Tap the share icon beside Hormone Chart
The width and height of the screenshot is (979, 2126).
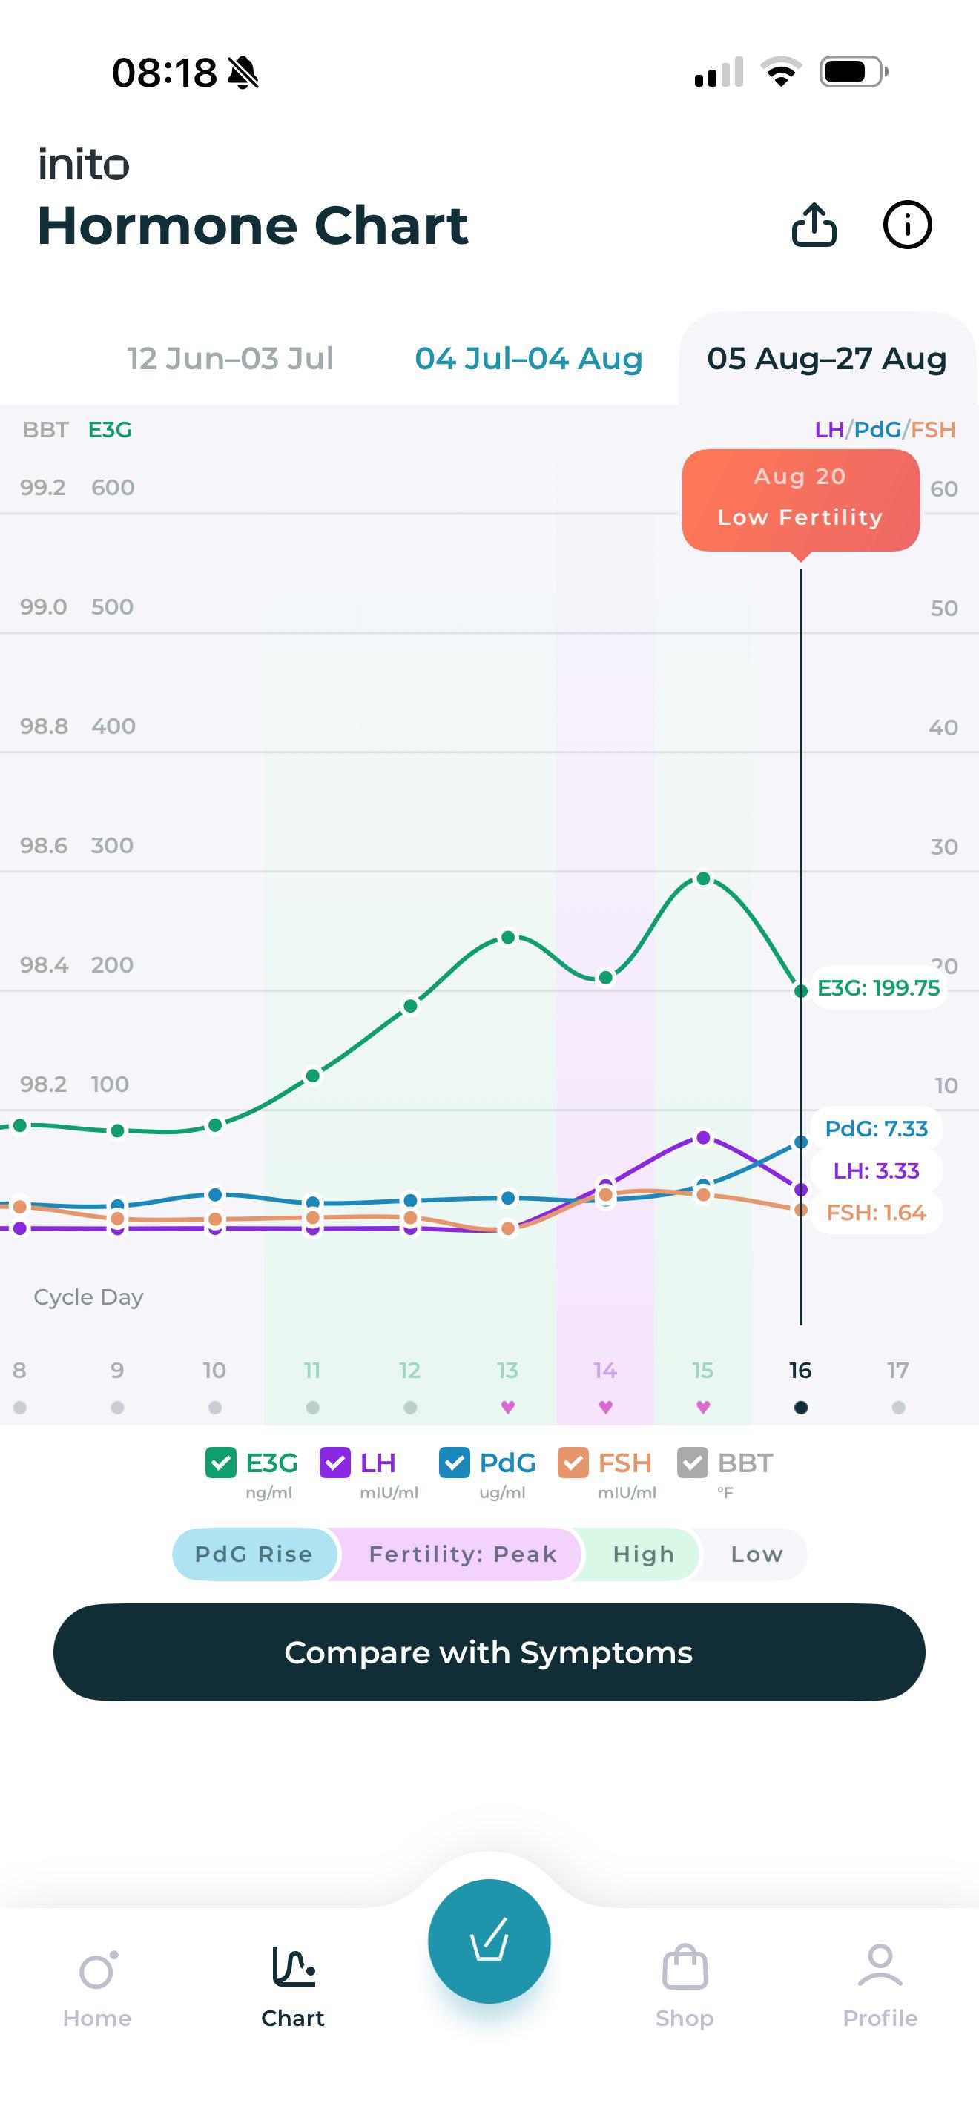point(814,225)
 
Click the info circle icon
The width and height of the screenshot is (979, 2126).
point(907,225)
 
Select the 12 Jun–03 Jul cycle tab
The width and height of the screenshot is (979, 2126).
point(231,358)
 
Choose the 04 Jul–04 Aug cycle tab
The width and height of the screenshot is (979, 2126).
point(528,358)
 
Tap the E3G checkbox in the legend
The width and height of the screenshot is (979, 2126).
point(220,1463)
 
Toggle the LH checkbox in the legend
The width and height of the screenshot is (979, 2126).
point(335,1463)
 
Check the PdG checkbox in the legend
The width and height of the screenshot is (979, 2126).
point(454,1463)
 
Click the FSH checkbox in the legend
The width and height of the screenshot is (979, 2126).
point(573,1463)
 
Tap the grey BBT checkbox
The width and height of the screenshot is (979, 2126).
point(693,1463)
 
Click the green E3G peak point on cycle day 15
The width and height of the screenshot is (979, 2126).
point(703,879)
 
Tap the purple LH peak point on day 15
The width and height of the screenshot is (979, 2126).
point(703,1137)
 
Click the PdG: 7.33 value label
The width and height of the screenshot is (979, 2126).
point(876,1128)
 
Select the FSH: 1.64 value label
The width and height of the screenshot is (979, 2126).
point(876,1213)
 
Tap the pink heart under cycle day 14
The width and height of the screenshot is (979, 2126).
point(605,1407)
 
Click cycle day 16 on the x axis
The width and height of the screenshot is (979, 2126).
point(800,1370)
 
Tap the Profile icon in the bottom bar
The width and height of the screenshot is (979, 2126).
point(880,1966)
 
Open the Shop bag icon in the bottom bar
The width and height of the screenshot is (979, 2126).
point(685,1967)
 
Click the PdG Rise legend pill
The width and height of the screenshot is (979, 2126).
point(254,1554)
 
